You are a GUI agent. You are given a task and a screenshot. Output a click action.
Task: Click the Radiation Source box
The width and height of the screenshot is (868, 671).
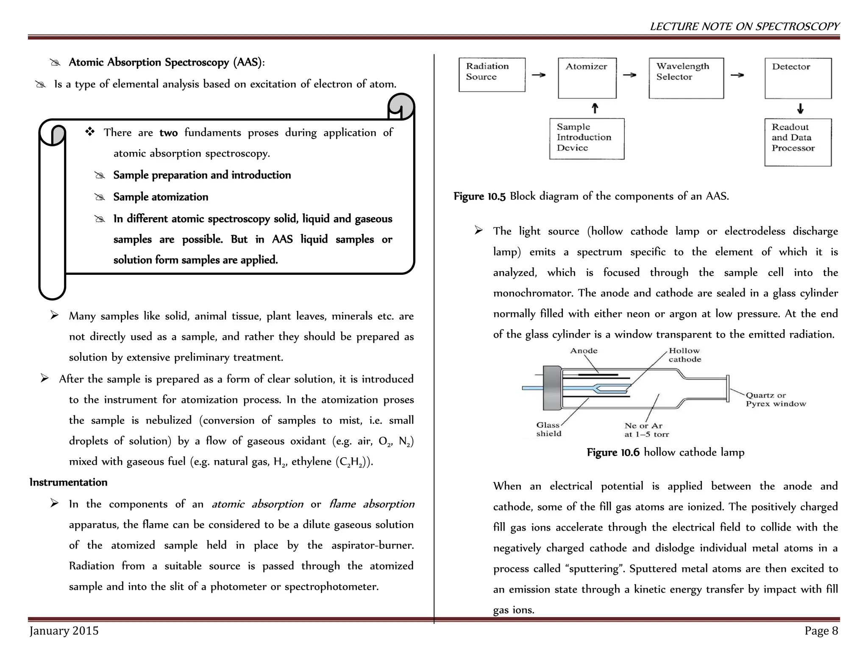click(x=492, y=75)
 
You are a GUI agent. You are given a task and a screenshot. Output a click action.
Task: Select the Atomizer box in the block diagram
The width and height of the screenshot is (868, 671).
click(x=587, y=78)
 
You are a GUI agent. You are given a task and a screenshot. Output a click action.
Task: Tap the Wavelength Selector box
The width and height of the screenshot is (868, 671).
click(x=686, y=78)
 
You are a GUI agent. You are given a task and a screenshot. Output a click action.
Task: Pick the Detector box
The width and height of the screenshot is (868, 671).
click(x=798, y=78)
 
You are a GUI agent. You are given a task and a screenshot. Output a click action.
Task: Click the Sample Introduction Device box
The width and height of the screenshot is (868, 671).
click(x=587, y=138)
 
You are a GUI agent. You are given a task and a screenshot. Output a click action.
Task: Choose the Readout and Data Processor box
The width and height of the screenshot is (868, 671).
click(x=798, y=142)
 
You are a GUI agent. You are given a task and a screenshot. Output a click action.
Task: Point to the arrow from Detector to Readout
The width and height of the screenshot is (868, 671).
click(x=800, y=109)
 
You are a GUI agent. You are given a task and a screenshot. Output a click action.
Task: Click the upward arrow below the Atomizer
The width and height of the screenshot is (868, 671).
click(x=595, y=108)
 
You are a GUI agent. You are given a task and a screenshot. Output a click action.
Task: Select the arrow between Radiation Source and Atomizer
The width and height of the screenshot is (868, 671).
click(x=539, y=75)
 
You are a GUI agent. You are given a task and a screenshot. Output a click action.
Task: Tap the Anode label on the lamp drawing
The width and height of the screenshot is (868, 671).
click(x=584, y=351)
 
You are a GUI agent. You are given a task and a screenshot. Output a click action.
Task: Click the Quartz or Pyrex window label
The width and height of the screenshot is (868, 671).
click(x=776, y=400)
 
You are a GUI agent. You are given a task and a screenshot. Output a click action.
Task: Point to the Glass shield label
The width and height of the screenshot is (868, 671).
click(x=549, y=429)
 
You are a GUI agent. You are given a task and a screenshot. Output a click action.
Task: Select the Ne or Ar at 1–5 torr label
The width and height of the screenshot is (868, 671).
click(x=646, y=430)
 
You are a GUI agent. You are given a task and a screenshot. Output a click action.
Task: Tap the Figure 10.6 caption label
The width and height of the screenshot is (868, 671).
click(x=613, y=452)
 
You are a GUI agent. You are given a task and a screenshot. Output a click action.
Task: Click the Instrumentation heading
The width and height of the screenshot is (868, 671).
click(x=68, y=482)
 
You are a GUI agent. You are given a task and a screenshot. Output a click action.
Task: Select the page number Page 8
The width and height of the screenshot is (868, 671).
click(x=821, y=631)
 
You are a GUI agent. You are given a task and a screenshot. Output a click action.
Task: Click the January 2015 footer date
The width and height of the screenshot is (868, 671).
click(x=64, y=631)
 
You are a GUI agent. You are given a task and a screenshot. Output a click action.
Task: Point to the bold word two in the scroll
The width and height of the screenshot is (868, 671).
click(x=168, y=133)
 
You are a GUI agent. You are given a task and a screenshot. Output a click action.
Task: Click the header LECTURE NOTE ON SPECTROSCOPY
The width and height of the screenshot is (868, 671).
click(x=744, y=26)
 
